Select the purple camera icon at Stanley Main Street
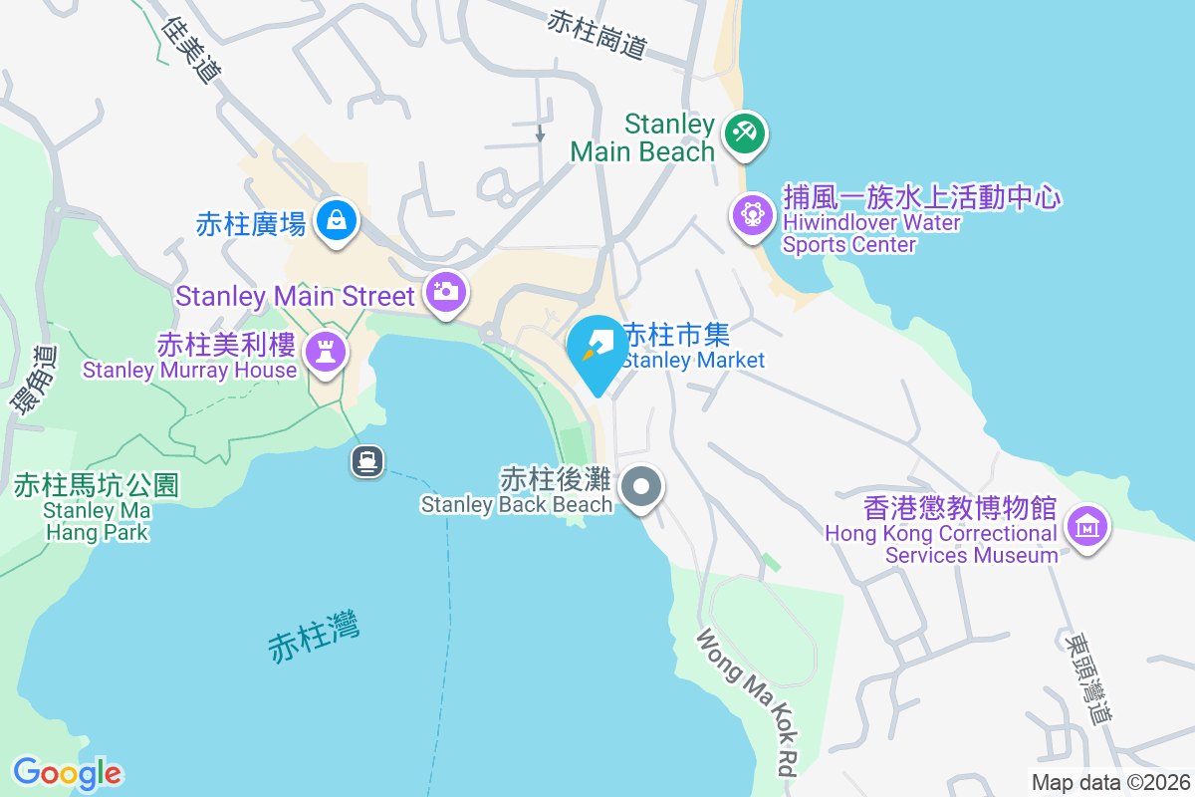click(445, 293)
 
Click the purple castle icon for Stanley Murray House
click(325, 352)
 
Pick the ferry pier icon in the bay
click(367, 460)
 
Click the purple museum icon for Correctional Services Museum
click(1086, 525)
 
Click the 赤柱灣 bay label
click(314, 637)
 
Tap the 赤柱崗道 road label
click(597, 33)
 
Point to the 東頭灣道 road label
click(1086, 677)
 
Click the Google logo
click(67, 773)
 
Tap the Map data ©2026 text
click(1109, 782)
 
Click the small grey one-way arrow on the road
click(540, 133)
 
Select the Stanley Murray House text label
click(189, 371)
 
